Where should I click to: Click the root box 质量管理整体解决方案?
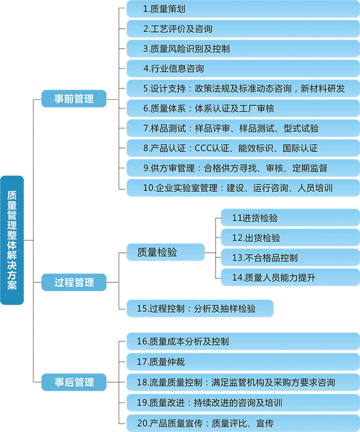12,240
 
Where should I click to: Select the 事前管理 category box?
74,98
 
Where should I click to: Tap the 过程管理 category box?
74,282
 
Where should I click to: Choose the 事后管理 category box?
74,382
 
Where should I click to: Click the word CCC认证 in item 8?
213,148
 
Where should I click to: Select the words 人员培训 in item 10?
315,188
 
